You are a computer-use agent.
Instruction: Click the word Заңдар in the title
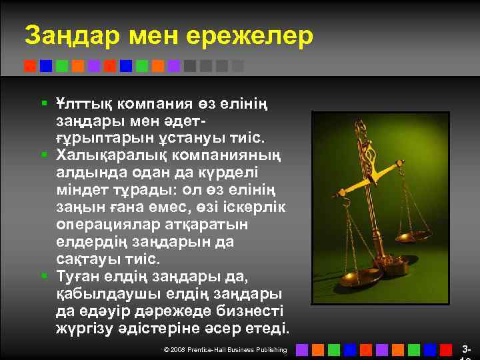[67, 37]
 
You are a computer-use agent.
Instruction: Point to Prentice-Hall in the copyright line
[209, 350]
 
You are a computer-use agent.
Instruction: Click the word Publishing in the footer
[272, 350]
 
